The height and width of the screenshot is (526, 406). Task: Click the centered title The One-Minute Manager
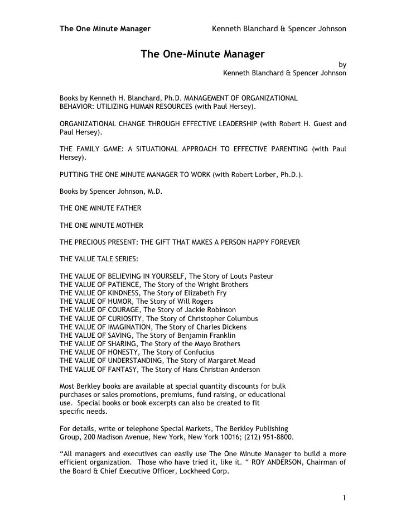[202, 54]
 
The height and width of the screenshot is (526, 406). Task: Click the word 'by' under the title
[342, 64]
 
